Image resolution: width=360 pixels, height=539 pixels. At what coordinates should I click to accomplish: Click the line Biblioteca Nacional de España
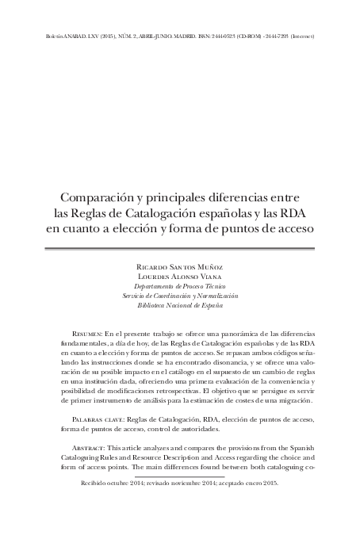pyautogui.click(x=180, y=304)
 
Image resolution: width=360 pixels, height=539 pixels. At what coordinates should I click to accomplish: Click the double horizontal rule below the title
pyautogui.click(x=180, y=247)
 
